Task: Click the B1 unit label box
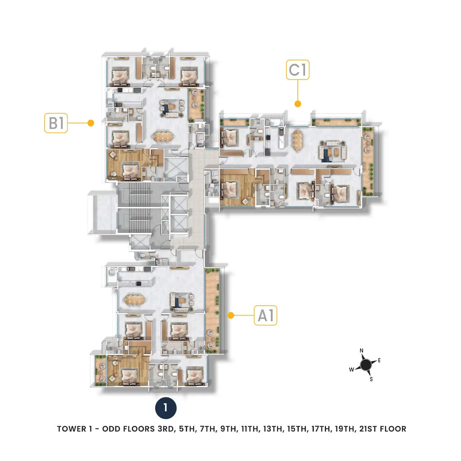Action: coord(56,123)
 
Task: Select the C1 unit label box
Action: coord(297,70)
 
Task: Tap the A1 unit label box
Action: coord(265,315)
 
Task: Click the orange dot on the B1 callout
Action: coord(91,123)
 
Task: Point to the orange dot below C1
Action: coord(297,104)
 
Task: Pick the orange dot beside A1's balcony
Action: coord(230,315)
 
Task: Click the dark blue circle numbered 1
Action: coord(166,408)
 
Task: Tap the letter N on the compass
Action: coord(362,350)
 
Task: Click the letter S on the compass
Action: coord(371,379)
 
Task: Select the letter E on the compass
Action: coord(379,360)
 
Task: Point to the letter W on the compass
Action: coord(352,370)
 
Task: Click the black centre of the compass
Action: coord(366,365)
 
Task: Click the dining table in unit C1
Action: coord(297,140)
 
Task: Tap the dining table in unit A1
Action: coord(134,300)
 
